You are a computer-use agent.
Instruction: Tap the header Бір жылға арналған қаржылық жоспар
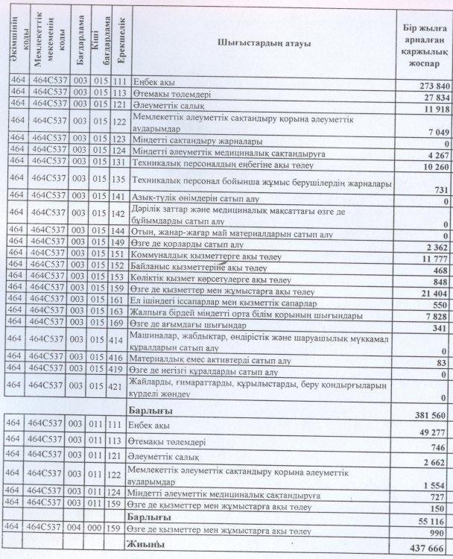pyautogui.click(x=425, y=43)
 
